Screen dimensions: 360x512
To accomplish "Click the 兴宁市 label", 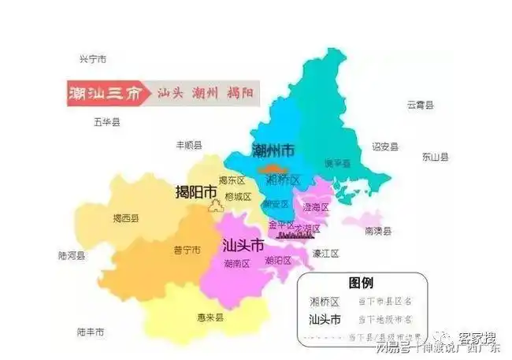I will [93, 59].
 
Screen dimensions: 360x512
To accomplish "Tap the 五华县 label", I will [106, 122].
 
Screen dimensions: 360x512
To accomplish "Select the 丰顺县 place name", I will [188, 145].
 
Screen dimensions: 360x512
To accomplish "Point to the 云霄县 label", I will [420, 105].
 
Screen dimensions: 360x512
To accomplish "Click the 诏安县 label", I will [385, 147].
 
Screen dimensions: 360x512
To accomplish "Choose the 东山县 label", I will [435, 157].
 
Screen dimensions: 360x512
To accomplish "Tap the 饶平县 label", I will [337, 163].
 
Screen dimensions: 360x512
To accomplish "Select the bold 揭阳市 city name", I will [196, 191].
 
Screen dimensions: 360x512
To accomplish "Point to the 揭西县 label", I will [125, 218].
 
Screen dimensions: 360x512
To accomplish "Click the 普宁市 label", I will [187, 250].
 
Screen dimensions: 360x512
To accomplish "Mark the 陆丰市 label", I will [91, 332].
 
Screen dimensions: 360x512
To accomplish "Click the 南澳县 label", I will [378, 232].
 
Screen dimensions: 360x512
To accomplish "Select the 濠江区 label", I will [325, 254].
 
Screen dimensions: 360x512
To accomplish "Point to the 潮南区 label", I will [237, 262].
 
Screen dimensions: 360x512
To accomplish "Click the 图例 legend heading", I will [361, 283].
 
